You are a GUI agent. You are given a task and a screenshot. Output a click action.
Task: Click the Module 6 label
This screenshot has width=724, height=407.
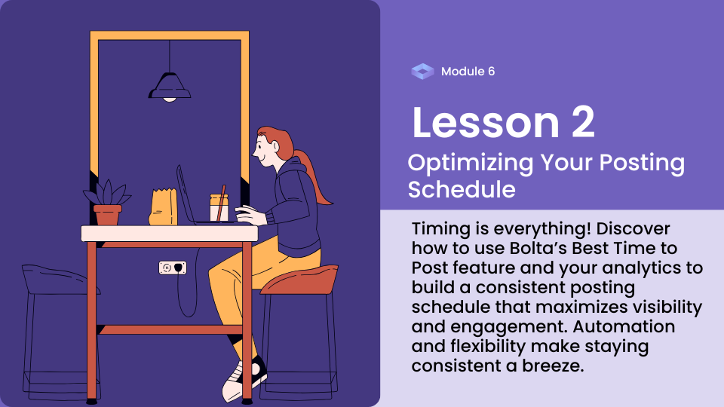468,72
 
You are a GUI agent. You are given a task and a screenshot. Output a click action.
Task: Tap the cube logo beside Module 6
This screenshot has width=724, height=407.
422,72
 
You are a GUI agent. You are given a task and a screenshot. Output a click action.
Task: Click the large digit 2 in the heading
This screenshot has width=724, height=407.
583,122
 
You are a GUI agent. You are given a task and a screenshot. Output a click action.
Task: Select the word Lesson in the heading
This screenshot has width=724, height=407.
486,122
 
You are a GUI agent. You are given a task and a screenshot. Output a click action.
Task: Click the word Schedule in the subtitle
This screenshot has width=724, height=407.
462,190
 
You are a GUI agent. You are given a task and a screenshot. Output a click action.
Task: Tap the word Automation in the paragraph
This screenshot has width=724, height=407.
624,326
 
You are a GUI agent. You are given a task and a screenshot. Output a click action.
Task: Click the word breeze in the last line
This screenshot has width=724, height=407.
553,366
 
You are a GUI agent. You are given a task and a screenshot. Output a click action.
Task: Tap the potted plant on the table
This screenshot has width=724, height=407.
107,203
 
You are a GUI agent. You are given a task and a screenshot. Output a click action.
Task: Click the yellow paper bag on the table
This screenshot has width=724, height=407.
163,207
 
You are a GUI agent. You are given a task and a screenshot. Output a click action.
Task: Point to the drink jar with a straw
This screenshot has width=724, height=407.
219,207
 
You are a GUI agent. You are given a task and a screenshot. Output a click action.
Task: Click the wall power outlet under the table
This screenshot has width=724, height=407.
173,268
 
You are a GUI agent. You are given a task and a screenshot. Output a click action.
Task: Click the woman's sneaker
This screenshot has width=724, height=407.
244,378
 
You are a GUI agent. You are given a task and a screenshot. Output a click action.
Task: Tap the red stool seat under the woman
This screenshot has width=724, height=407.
299,280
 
